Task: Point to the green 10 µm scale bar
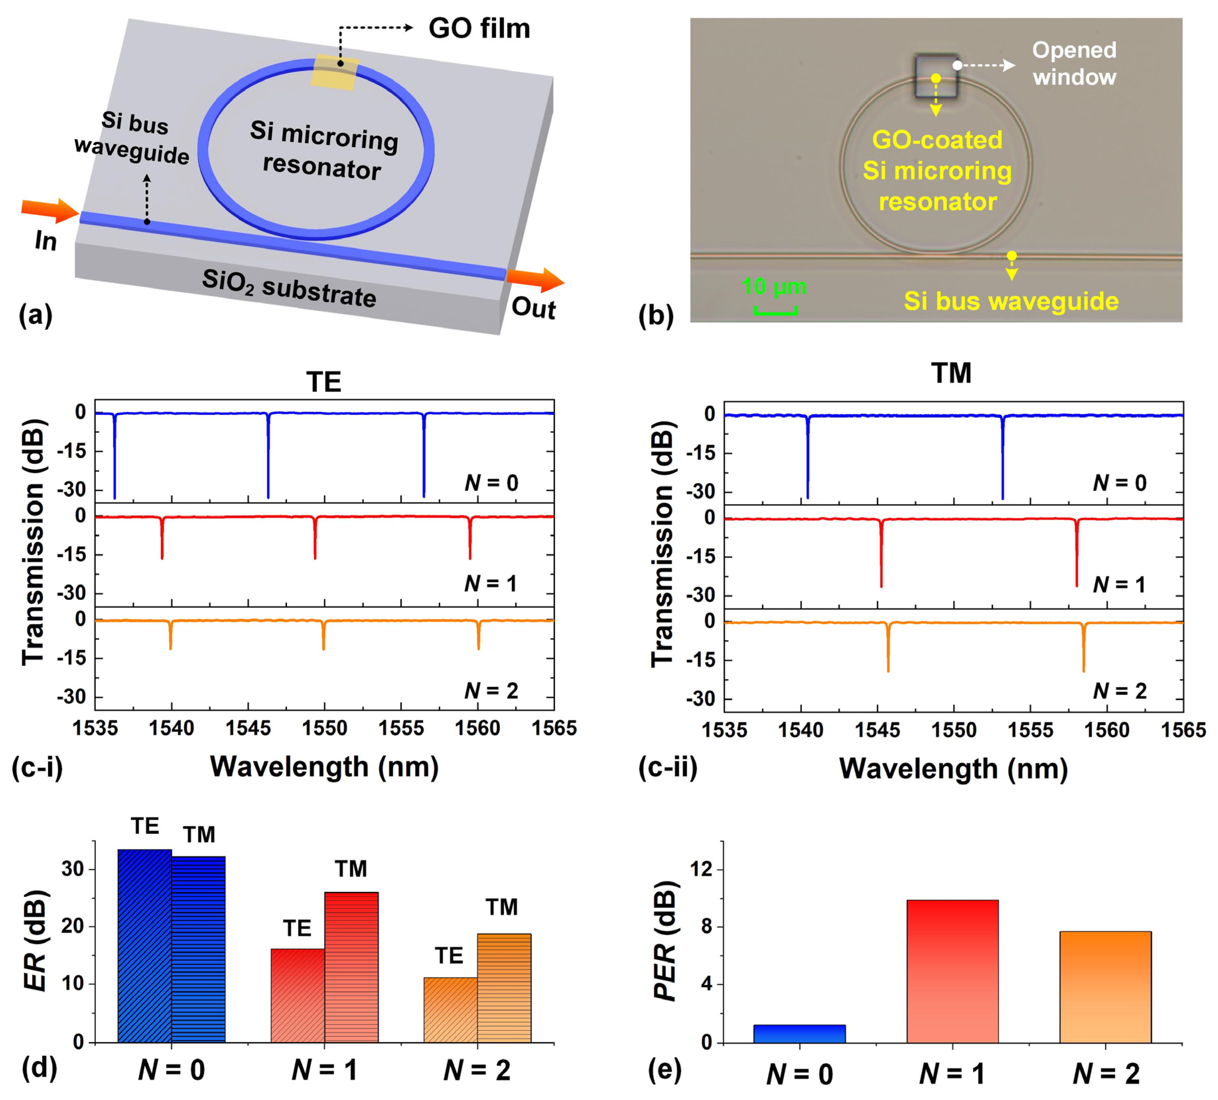(x=775, y=310)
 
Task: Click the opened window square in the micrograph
(x=936, y=76)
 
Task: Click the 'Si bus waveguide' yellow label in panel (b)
(x=1011, y=301)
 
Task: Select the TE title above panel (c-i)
(x=324, y=382)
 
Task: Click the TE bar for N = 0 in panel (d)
(x=145, y=945)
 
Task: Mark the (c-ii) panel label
(x=668, y=767)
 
